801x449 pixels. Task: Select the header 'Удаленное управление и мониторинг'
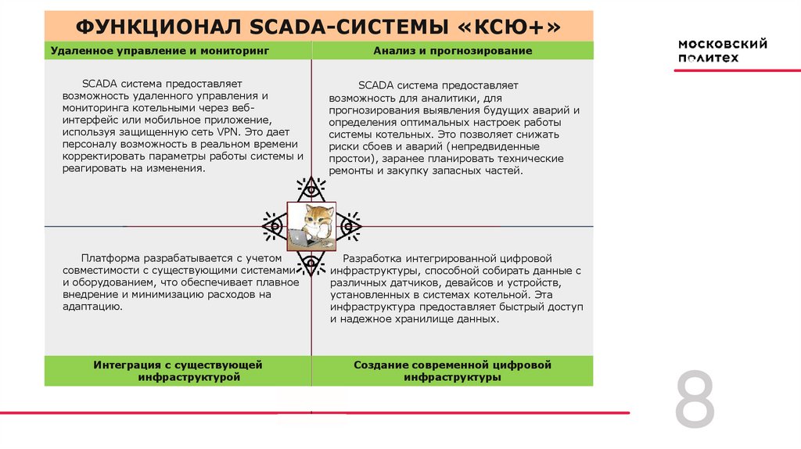[x=160, y=51]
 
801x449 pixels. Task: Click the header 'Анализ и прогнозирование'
[x=453, y=51]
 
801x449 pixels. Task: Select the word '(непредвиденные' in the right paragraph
[x=502, y=146]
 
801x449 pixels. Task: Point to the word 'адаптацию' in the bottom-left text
[x=92, y=307]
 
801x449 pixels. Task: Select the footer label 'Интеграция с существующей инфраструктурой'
[x=178, y=371]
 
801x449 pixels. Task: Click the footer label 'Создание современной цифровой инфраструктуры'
[x=452, y=371]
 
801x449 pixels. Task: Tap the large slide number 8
[x=695, y=401]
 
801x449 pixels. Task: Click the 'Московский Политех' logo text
[x=722, y=51]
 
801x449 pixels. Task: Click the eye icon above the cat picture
[x=311, y=189]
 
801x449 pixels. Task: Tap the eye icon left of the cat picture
[x=273, y=226]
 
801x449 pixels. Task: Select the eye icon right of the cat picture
[x=350, y=226]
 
